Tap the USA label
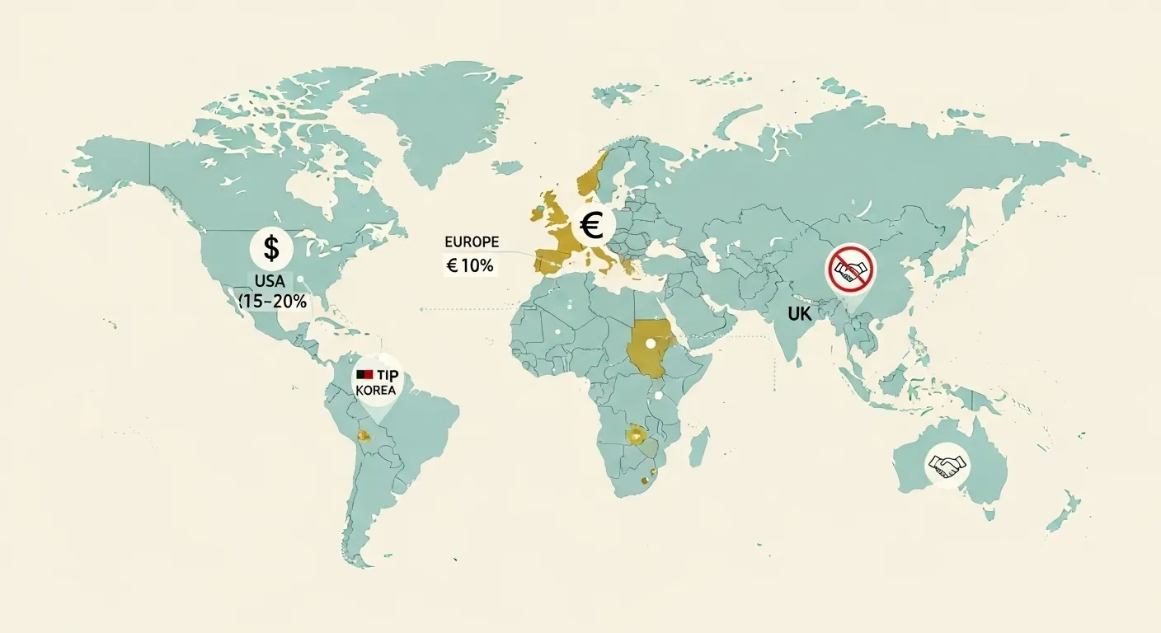click(x=270, y=282)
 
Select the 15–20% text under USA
click(x=273, y=302)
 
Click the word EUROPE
click(x=472, y=242)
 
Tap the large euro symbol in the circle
click(x=591, y=225)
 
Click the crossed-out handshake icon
click(x=849, y=269)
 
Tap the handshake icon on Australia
click(x=947, y=465)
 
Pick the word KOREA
click(x=377, y=390)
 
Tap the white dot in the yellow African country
click(x=651, y=343)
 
